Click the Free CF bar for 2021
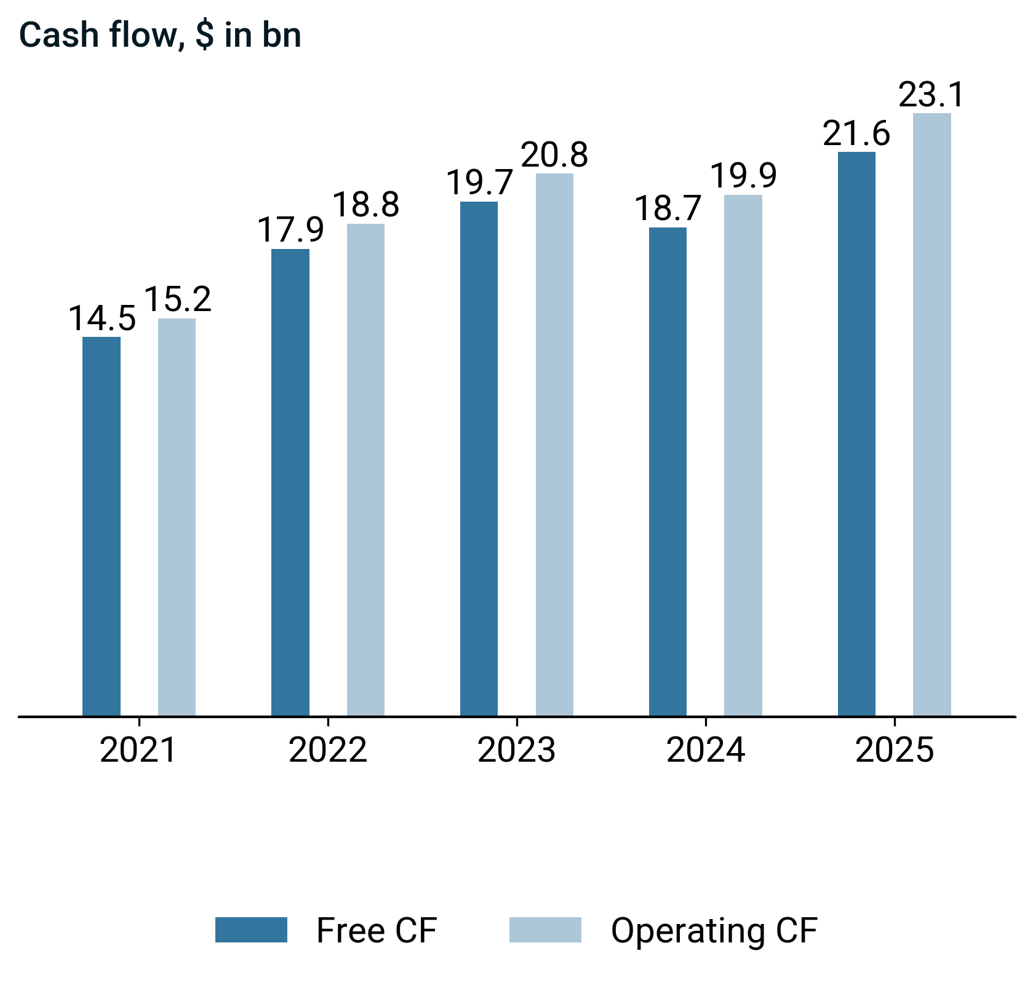click(x=102, y=526)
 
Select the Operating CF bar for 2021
click(x=177, y=517)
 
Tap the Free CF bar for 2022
click(x=290, y=482)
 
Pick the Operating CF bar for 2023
click(x=554, y=444)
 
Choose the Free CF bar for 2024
click(x=668, y=472)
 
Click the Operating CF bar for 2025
click(x=931, y=414)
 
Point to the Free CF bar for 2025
click(x=856, y=433)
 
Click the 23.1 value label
click(x=931, y=95)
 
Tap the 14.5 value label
click(x=102, y=319)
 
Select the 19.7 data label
click(x=479, y=183)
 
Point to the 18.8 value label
click(x=366, y=205)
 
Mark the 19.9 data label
click(x=743, y=176)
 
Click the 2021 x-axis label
click(x=138, y=751)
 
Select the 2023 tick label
click(x=516, y=751)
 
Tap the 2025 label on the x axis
click(x=894, y=751)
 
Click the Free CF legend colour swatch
click(x=251, y=930)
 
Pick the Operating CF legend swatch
click(x=545, y=930)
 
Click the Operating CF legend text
click(x=714, y=931)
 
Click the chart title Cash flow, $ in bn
click(x=161, y=35)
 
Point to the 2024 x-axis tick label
click(x=705, y=751)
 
